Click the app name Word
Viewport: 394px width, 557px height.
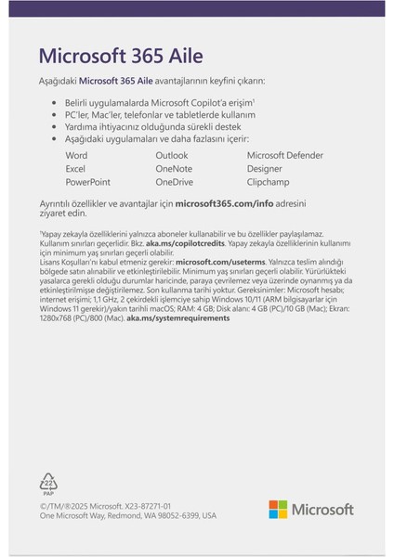(78, 155)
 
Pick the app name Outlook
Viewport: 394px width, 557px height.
(173, 155)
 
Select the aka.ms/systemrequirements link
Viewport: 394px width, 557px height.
(177, 317)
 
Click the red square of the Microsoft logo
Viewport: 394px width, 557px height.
(272, 504)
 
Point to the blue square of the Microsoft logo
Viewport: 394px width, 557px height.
(272, 513)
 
